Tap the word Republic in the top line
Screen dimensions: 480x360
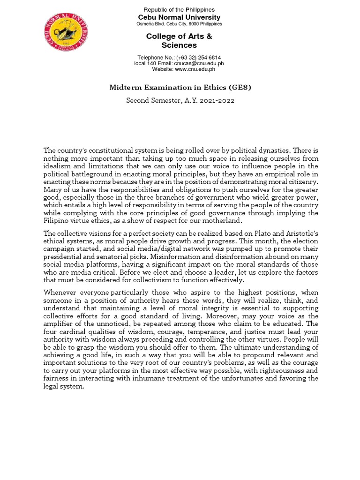[155, 10]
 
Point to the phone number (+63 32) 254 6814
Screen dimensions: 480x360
[194, 57]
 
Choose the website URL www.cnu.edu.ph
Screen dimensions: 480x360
[195, 69]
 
